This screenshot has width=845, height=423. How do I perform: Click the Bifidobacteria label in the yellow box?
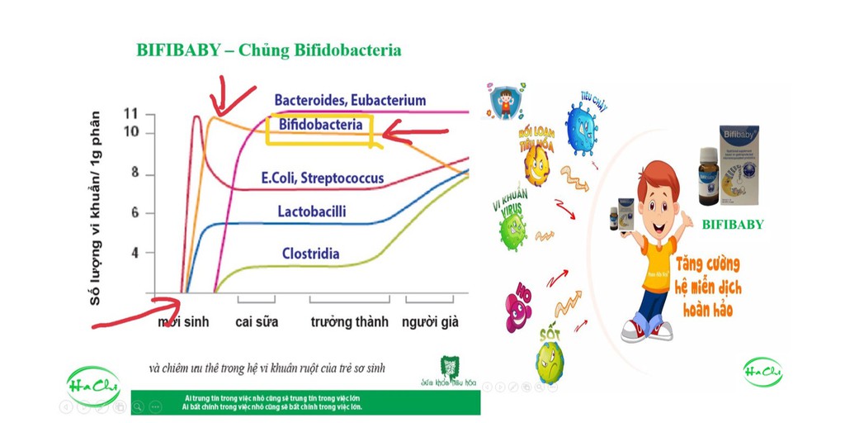(x=320, y=126)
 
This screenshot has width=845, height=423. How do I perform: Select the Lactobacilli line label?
(x=312, y=212)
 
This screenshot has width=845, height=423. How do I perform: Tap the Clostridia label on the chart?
(x=310, y=254)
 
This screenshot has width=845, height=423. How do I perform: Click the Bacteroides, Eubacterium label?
(x=350, y=101)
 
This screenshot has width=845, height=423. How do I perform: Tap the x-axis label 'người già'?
(x=430, y=321)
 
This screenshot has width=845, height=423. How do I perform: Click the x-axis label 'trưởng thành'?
(x=349, y=321)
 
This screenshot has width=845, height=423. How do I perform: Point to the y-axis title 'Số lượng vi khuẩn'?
(x=97, y=207)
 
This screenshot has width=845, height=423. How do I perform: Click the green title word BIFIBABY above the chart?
(x=178, y=50)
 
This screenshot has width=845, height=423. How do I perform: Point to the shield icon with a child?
(x=503, y=100)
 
